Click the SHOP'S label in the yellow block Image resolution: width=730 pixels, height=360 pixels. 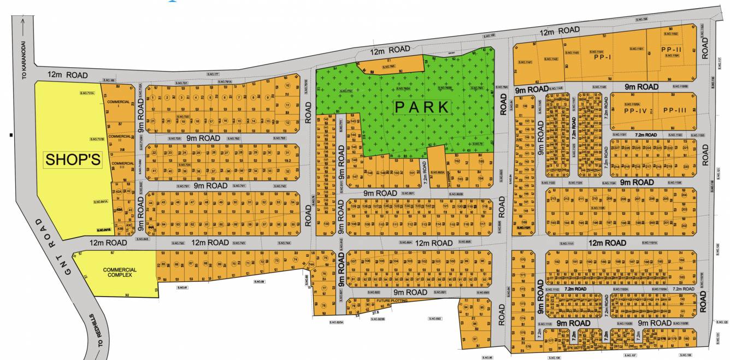pyautogui.click(x=73, y=160)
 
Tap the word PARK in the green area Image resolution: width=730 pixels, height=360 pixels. pyautogui.click(x=422, y=107)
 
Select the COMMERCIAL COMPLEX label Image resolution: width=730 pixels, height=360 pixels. pyautogui.click(x=120, y=273)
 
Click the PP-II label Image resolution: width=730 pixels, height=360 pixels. pyautogui.click(x=670, y=49)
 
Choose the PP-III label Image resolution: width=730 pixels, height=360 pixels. pyautogui.click(x=674, y=110)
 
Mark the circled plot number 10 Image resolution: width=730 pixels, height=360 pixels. pyautogui.click(x=287, y=86)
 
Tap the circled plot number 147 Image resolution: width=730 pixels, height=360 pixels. pyautogui.click(x=355, y=176)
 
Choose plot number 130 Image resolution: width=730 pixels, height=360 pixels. pyautogui.click(x=327, y=225)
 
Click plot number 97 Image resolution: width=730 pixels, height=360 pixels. pyautogui.click(x=466, y=339)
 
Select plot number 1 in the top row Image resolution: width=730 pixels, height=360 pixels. pyautogui.click(x=153, y=98)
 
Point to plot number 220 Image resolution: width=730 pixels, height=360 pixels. pyautogui.click(x=686, y=167)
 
